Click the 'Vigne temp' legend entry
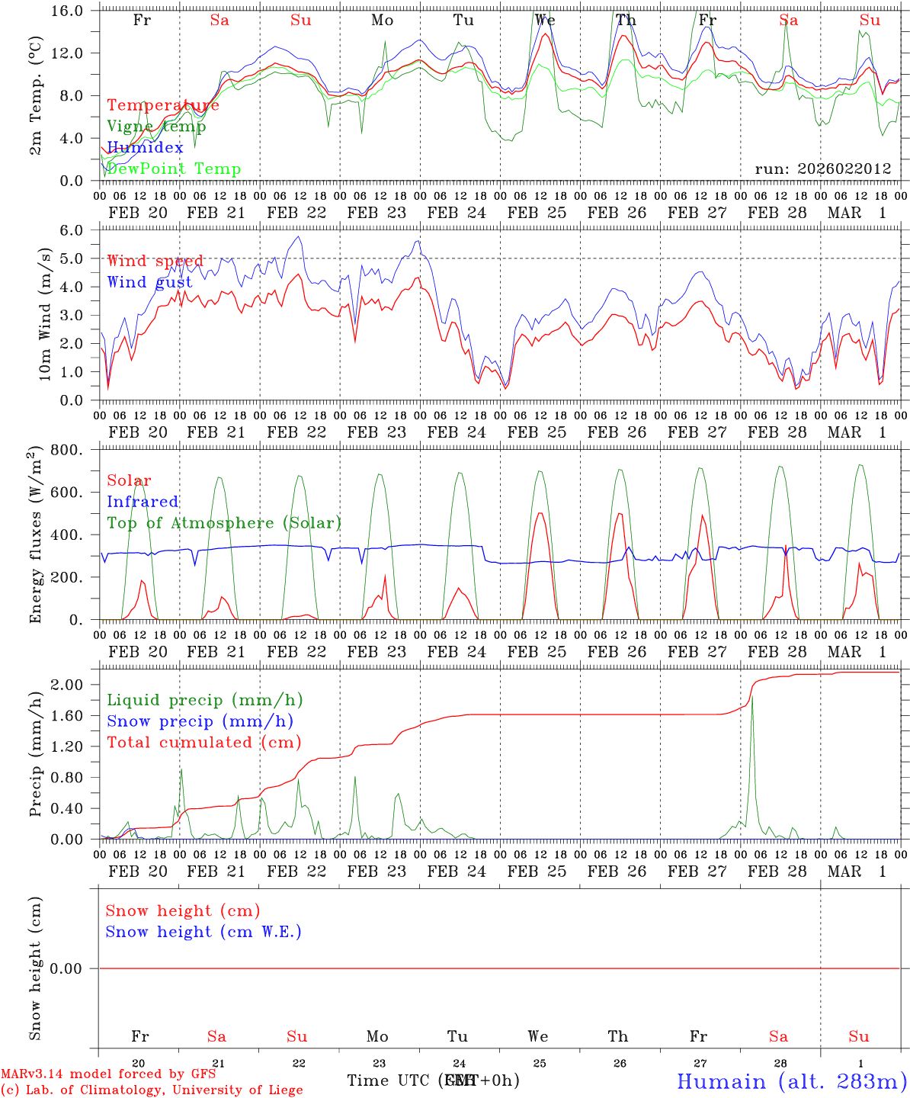click(x=156, y=127)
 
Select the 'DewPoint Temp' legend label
click(x=174, y=169)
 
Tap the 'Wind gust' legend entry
click(x=149, y=282)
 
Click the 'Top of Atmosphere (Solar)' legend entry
click(x=224, y=523)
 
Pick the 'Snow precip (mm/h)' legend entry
click(x=200, y=721)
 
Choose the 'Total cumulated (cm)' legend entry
click(x=203, y=743)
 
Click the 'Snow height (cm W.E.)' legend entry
click(x=203, y=932)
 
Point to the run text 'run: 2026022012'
click(x=822, y=169)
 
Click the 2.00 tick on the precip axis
click(x=75, y=685)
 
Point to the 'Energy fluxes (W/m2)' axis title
click(x=36, y=536)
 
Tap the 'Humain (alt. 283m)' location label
click(x=791, y=1081)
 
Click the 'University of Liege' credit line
click(x=152, y=1090)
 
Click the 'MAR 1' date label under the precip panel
click(x=857, y=872)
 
